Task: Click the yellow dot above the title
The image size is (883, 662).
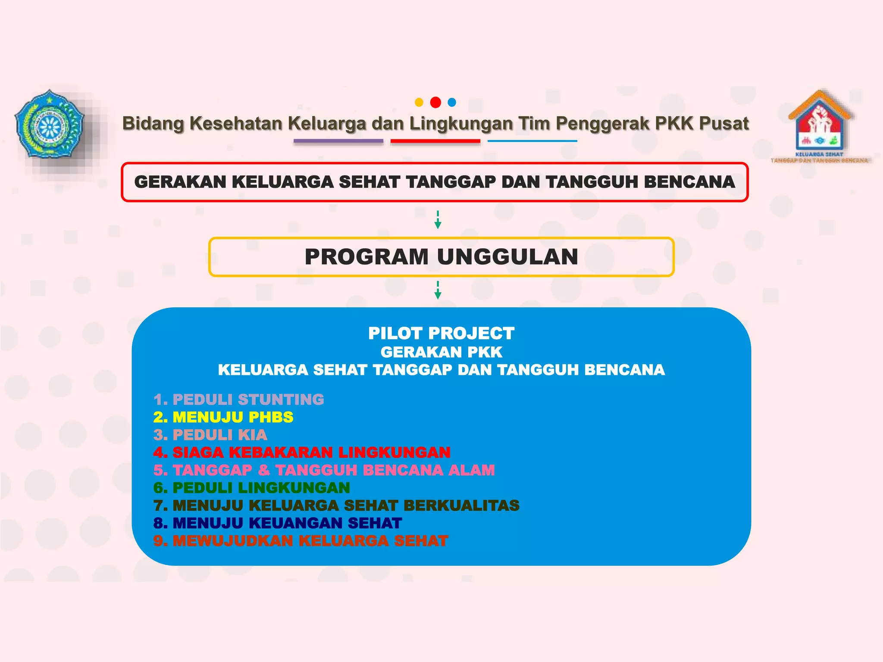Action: click(419, 103)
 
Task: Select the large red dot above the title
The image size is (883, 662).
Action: click(435, 103)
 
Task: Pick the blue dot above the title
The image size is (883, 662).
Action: click(452, 103)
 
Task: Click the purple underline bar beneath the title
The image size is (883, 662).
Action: click(338, 141)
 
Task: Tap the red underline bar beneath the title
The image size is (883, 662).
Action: click(435, 141)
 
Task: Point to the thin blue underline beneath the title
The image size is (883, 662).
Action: click(532, 141)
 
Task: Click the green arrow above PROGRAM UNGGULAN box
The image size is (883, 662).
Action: click(438, 220)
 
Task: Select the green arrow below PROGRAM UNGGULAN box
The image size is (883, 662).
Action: click(438, 290)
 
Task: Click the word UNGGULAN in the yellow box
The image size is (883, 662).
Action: click(507, 257)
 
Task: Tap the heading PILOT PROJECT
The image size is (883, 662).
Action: click(441, 333)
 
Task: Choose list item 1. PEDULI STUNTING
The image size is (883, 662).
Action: click(238, 400)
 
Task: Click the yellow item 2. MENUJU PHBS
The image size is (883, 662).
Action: click(223, 417)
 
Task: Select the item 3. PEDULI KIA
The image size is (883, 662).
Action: click(210, 435)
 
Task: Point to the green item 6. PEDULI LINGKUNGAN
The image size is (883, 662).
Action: click(252, 488)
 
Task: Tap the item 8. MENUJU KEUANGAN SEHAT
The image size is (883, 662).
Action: click(278, 523)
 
